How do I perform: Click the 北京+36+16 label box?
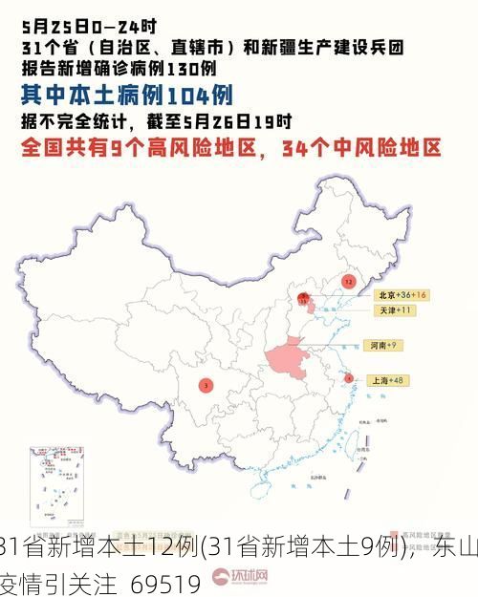coord(401,295)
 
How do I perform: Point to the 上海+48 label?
coord(389,380)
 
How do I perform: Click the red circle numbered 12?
coord(348,282)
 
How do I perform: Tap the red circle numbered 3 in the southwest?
coord(206,386)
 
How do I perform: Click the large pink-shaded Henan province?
coord(288,359)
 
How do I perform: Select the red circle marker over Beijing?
coord(304,299)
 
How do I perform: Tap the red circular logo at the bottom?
coord(221,577)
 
